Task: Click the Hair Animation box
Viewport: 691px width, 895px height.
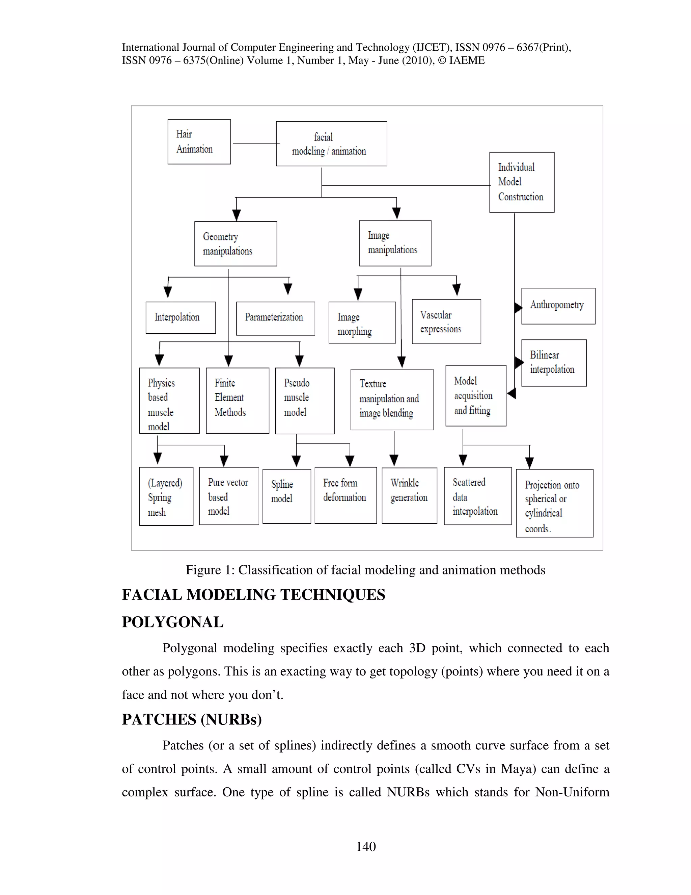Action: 199,142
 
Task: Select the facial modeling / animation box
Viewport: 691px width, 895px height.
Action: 331,144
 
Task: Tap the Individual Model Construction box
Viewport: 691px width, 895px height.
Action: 522,182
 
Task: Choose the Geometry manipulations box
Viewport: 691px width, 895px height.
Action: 236,244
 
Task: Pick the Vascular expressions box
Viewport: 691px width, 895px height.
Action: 446,322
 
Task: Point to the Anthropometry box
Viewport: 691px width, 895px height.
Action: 558,306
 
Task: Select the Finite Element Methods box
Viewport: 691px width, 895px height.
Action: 238,400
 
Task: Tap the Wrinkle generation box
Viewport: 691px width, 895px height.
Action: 409,495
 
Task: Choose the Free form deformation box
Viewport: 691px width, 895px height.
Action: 345,495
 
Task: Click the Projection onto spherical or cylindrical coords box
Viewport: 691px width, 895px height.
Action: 554,503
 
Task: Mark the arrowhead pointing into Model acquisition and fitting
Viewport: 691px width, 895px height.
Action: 511,393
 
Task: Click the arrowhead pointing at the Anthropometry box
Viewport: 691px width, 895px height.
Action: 518,307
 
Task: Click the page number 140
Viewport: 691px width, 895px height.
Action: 365,846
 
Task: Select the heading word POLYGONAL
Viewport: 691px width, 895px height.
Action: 172,622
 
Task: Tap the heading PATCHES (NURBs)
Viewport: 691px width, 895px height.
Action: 192,719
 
